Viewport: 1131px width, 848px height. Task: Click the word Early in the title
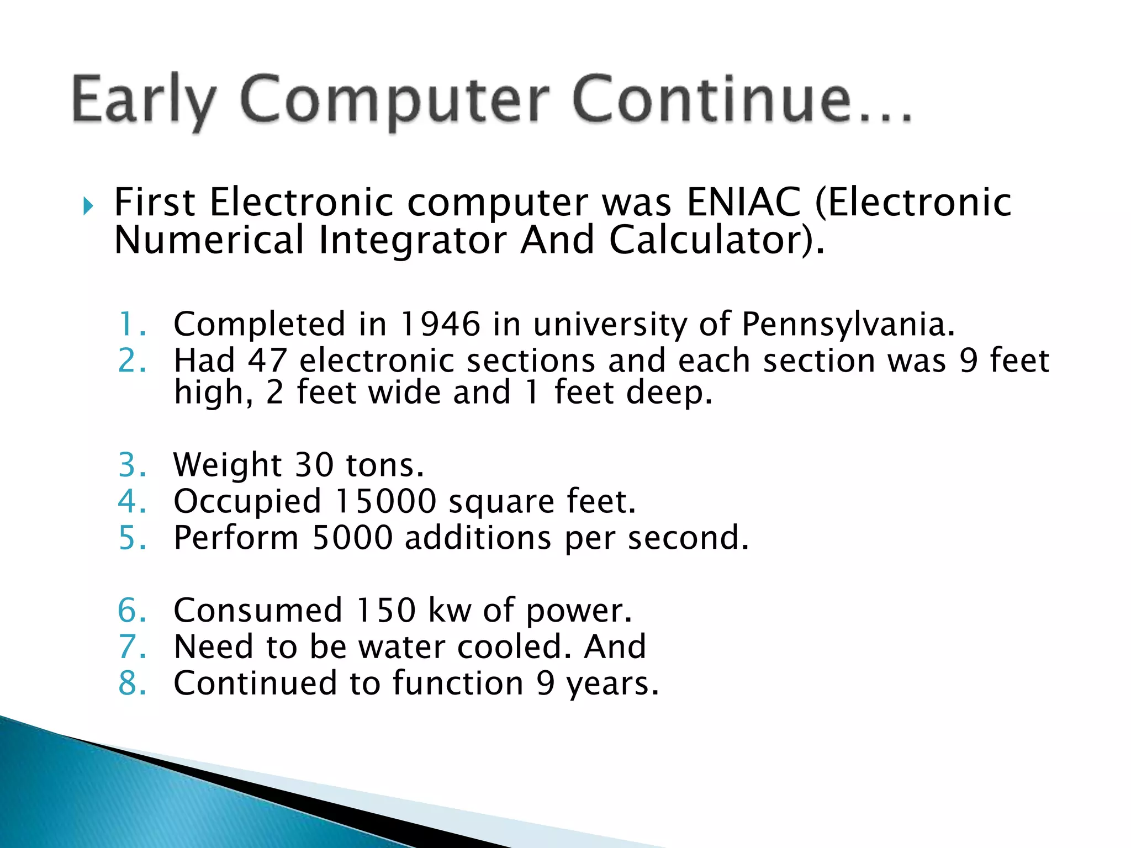pos(142,100)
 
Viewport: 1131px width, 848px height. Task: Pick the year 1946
pos(440,324)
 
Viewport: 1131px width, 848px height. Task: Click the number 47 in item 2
pos(267,361)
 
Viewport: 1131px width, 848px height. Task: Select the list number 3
pos(128,465)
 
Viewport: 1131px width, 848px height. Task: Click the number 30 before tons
pos(314,465)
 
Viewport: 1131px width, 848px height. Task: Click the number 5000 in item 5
pos(352,538)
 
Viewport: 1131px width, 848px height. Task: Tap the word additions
pos(478,538)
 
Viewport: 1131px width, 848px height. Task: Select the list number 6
pos(128,611)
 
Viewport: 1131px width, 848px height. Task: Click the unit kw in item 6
pos(450,611)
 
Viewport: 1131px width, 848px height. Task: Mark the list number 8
pos(128,683)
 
